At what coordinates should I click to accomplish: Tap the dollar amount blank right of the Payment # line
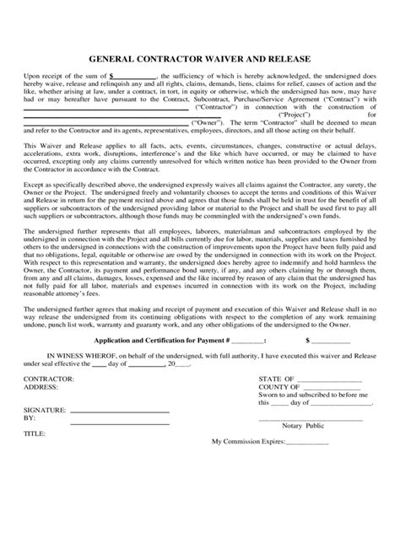click(x=332, y=341)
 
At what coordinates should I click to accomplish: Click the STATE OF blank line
click(x=334, y=381)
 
